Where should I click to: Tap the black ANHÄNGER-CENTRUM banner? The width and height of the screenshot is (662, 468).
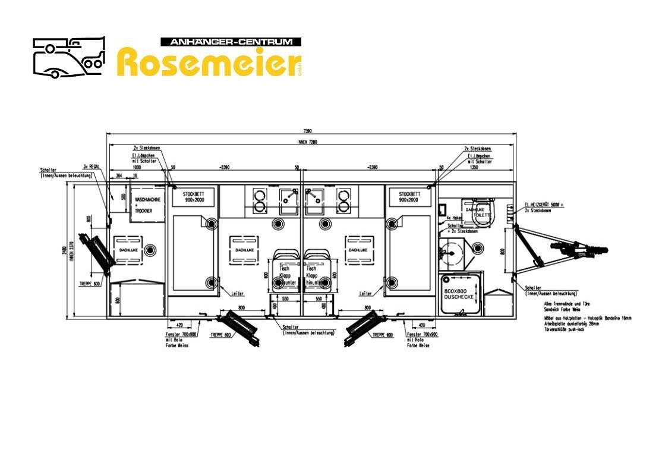click(x=231, y=42)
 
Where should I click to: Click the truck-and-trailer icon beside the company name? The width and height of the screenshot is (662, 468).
click(x=68, y=57)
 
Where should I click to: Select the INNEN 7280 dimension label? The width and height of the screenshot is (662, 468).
click(x=307, y=142)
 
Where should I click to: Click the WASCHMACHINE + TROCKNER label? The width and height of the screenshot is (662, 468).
click(x=144, y=205)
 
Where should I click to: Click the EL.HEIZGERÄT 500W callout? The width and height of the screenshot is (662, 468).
click(x=543, y=205)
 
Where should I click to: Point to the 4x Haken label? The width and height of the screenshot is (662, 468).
click(x=455, y=218)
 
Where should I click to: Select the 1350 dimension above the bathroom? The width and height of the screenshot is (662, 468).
click(x=474, y=168)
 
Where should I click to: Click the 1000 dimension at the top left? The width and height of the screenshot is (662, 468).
click(x=138, y=168)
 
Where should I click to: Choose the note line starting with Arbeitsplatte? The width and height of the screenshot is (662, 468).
click(x=565, y=324)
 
